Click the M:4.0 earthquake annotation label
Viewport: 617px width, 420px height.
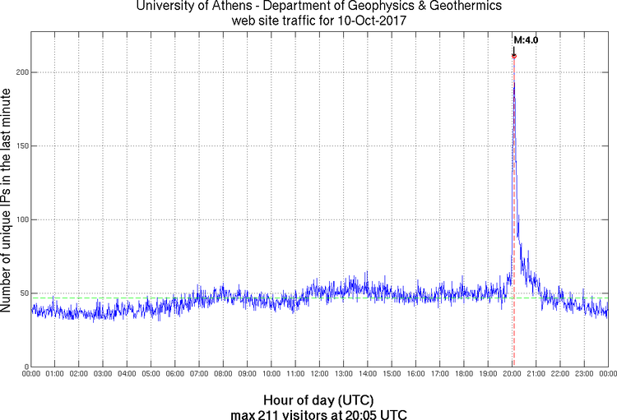tap(526, 39)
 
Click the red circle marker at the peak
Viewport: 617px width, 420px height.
tap(514, 56)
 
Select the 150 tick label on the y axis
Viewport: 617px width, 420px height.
tap(22, 146)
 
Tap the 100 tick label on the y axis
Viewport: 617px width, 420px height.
tap(22, 220)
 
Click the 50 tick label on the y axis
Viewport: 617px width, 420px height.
tap(25, 293)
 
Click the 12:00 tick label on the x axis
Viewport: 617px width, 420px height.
tap(319, 375)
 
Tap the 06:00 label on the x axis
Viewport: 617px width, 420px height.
tap(175, 375)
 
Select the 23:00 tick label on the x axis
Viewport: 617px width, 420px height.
tap(584, 375)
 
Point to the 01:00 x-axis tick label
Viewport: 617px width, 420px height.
tap(55, 375)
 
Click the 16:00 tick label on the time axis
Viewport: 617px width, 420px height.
tap(415, 375)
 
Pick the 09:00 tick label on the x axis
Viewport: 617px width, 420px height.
tap(247, 375)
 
